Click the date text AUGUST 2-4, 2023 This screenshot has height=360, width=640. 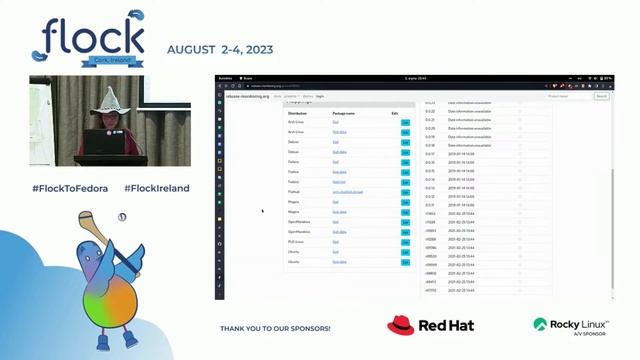(x=219, y=49)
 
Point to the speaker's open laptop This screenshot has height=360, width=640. (x=103, y=143)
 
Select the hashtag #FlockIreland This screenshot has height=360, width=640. (x=157, y=188)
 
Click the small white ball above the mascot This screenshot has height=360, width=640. (x=121, y=217)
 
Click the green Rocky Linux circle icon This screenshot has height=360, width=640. (x=540, y=325)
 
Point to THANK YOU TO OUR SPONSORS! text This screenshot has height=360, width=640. (x=275, y=328)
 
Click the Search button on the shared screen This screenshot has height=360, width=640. (x=601, y=97)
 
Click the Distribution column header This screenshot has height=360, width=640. (x=298, y=114)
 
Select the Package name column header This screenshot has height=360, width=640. (x=344, y=114)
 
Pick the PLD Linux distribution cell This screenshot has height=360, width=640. (x=296, y=241)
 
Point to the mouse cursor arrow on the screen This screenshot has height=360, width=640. (x=262, y=211)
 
